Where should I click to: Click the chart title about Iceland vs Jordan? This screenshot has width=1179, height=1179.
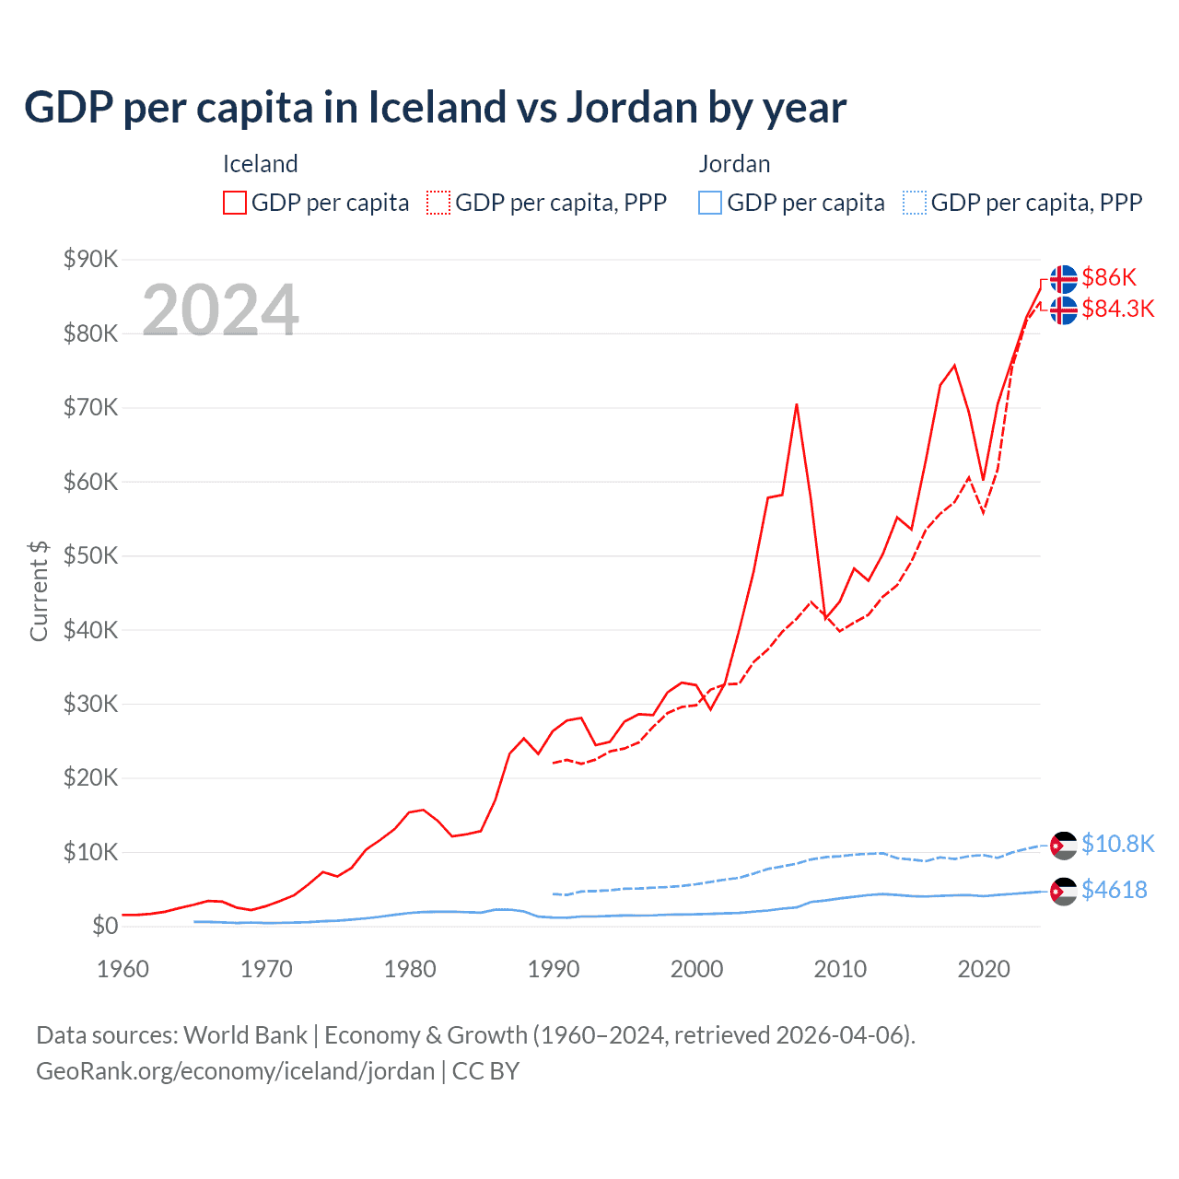tap(435, 108)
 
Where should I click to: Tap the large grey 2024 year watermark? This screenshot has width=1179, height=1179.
tap(220, 310)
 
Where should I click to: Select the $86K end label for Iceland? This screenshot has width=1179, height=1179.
tap(1109, 277)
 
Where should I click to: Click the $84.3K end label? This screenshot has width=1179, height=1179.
tap(1117, 309)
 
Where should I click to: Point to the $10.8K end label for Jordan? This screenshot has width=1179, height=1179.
tap(1117, 844)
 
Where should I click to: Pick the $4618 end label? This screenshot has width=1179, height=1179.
tap(1114, 890)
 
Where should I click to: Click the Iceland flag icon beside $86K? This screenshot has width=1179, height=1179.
tap(1063, 278)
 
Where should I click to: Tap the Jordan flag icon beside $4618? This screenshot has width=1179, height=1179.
tap(1063, 891)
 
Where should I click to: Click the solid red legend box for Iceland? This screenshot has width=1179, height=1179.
tap(235, 203)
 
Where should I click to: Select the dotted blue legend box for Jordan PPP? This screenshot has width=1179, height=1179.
tap(915, 203)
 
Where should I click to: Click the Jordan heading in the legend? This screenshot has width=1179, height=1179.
tap(734, 164)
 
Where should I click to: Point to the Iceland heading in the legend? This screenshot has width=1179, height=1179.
tap(261, 164)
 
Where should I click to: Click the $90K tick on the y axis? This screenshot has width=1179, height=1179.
tap(90, 259)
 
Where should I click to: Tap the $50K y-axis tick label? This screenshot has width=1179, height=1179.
tap(90, 555)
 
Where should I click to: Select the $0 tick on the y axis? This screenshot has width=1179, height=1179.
tap(104, 926)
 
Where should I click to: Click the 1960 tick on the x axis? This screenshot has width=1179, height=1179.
tap(123, 969)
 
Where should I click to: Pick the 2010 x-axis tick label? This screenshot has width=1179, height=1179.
tap(840, 969)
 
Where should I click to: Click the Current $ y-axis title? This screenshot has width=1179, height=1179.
tap(39, 590)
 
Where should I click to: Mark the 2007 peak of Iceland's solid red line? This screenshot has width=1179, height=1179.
tap(797, 404)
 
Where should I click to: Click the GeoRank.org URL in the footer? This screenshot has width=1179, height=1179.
tap(235, 1071)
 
